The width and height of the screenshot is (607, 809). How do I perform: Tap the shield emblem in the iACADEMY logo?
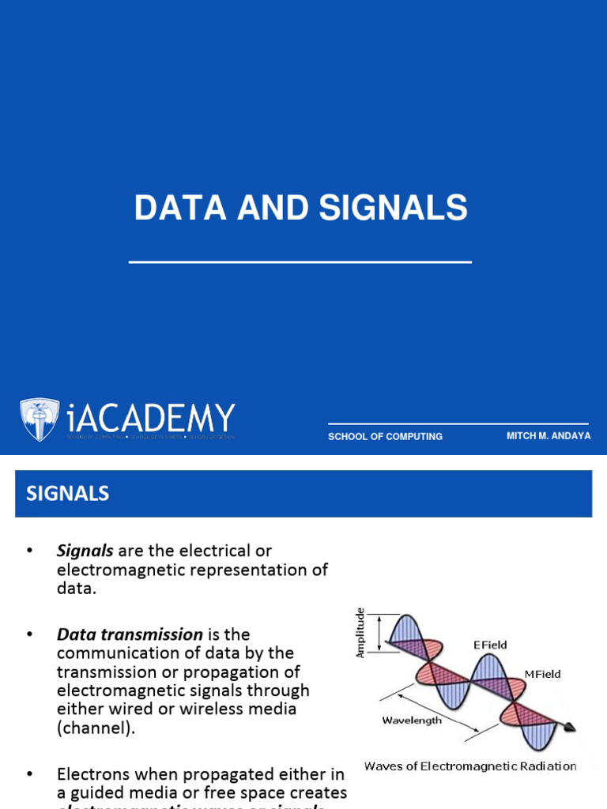pos(40,419)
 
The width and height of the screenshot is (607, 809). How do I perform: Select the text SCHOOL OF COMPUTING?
pos(385,437)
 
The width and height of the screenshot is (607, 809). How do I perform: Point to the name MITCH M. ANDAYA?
pos(549,436)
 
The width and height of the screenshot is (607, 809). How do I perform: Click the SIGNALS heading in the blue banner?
pos(68,494)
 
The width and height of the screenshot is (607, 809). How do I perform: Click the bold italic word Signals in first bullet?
pos(85,551)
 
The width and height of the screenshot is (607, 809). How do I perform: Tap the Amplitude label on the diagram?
pos(362,632)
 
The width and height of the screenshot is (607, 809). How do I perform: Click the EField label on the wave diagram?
pos(490,645)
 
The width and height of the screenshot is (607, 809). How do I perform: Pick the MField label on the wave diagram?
pos(543,674)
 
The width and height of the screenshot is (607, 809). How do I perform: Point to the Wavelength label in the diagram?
pos(412,720)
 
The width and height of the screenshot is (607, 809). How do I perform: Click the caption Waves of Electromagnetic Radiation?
pos(470,766)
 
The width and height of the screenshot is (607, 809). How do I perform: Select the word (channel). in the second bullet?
pos(96,728)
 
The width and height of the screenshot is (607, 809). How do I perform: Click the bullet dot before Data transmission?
pos(30,635)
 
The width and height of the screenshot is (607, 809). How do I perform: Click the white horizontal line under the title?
pos(300,262)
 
